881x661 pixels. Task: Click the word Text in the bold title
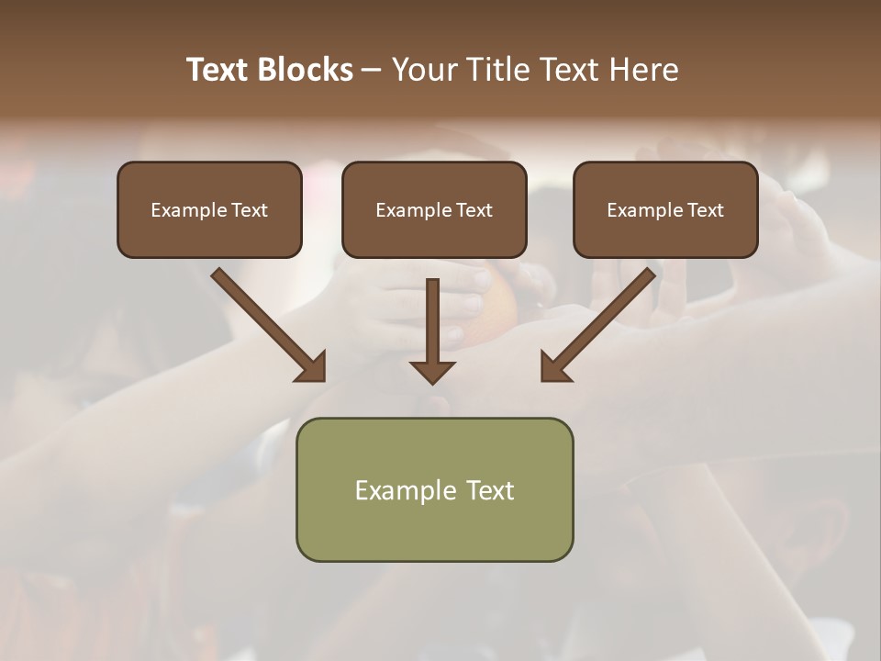point(219,70)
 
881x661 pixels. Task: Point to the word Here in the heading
point(643,70)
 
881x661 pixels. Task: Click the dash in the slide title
point(372,71)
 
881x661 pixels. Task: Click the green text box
point(434,528)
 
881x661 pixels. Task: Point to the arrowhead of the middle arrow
point(432,371)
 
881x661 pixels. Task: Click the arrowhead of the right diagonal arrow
point(554,367)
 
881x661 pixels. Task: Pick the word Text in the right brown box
point(705,210)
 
